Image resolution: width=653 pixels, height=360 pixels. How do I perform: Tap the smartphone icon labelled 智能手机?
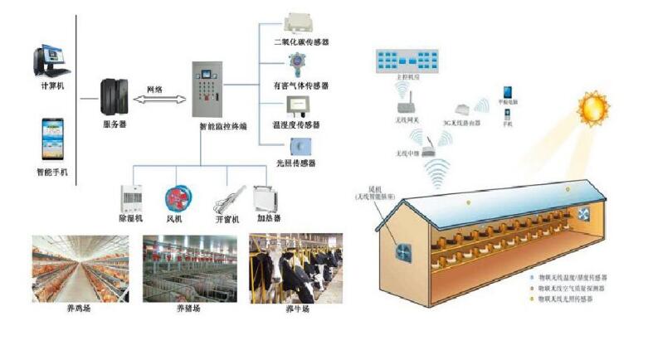coord(52,139)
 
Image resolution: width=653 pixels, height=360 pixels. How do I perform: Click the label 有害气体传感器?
coord(301,85)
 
